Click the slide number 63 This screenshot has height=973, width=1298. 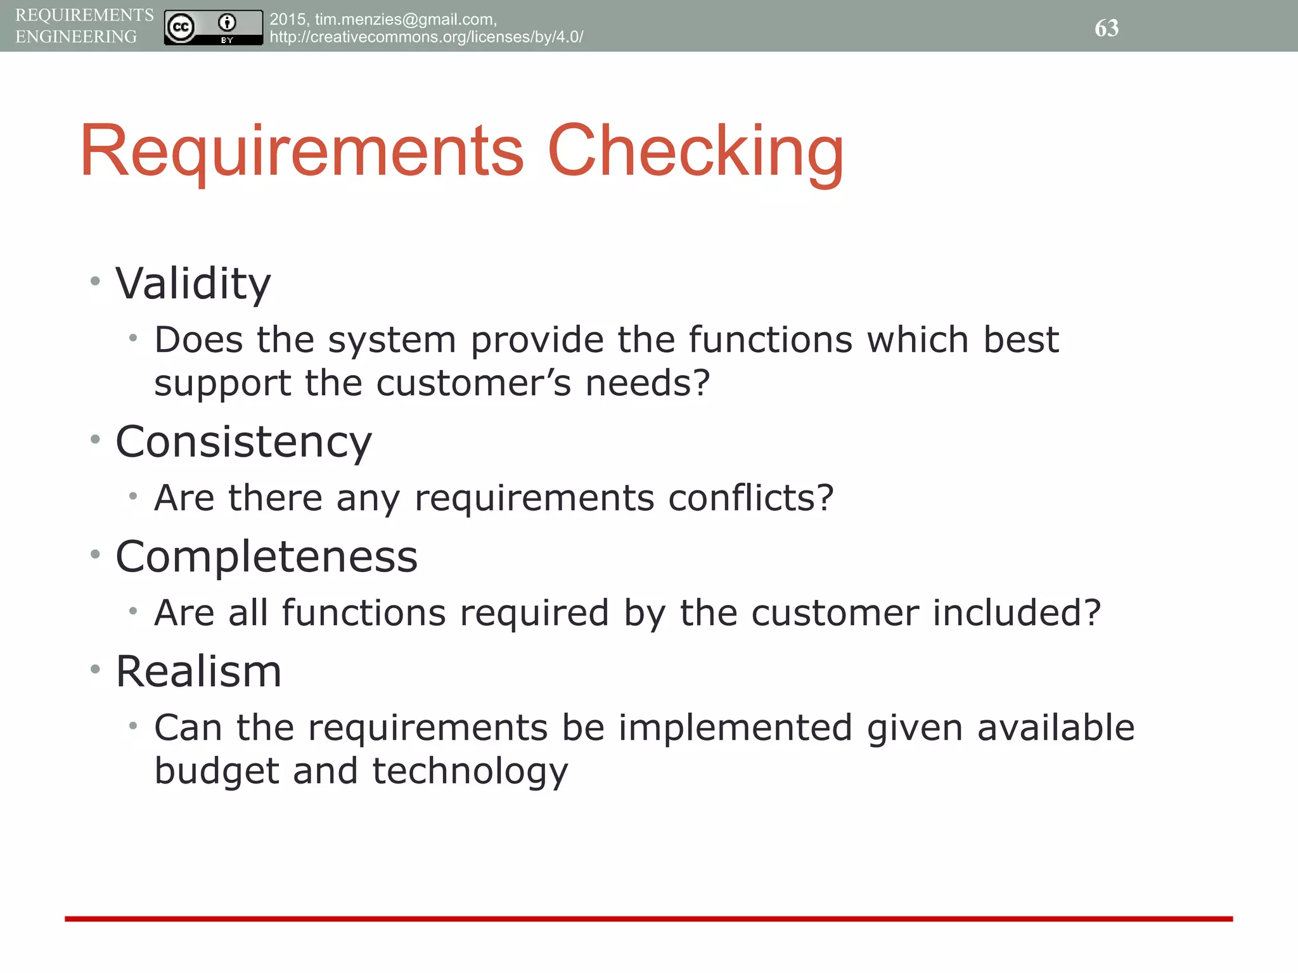pos(1107,28)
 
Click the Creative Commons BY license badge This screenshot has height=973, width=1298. pos(213,28)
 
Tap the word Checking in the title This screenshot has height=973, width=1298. pos(695,152)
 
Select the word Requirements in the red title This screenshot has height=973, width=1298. pos(302,152)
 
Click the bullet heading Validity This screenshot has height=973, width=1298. pos(193,284)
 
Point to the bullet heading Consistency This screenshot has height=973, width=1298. pos(243,442)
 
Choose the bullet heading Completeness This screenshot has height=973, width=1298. pos(266,557)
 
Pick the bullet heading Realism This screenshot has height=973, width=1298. pos(198,671)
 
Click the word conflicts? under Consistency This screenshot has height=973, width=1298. pos(751,498)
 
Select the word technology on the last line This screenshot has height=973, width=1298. pos(470,772)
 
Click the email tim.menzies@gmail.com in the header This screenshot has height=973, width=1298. pos(405,20)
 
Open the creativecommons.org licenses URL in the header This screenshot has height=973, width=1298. pos(426,37)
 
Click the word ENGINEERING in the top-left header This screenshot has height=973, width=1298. pos(76,37)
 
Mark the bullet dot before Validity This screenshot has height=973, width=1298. pos(95,281)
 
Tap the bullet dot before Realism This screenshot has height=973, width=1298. pos(95,668)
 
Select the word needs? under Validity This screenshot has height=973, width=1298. pos(647,384)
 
